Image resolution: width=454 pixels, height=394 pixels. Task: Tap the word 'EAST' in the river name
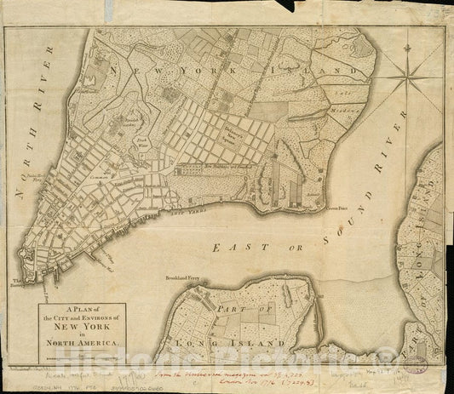(x=231, y=245)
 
